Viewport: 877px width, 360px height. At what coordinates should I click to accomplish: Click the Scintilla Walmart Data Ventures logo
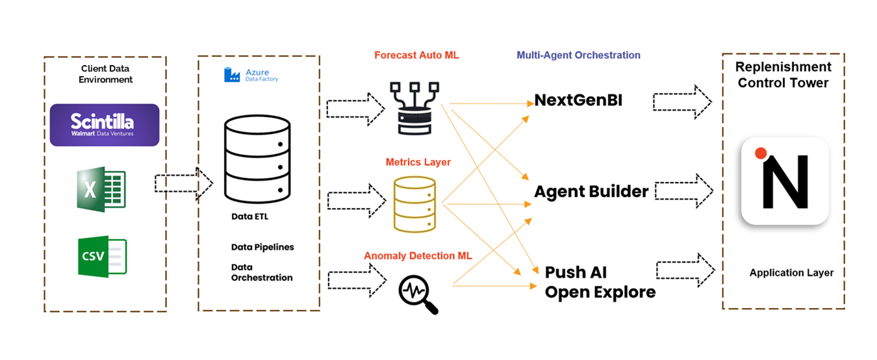coord(105,125)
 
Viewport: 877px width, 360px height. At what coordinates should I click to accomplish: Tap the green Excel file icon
coord(101,189)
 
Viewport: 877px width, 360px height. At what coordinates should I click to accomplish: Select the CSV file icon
coord(102,257)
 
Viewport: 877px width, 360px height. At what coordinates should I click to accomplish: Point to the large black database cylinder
coord(255,159)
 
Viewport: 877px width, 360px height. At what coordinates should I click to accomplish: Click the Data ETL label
coord(249,216)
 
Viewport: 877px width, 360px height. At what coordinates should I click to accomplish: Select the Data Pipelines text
coord(262,247)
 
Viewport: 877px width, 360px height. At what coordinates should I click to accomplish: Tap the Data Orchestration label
coord(262,272)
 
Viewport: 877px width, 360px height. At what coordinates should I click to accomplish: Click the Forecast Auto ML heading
coord(416,55)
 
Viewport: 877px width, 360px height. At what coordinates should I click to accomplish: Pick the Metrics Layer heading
coord(418,162)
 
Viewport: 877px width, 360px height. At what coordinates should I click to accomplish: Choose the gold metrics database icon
coord(414,203)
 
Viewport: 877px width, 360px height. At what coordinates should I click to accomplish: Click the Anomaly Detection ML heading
coord(418,256)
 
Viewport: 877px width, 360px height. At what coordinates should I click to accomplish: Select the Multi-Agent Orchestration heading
coord(578,55)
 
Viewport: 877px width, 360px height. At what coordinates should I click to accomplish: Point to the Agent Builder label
coord(591,192)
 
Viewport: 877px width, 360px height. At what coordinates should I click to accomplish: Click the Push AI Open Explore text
coord(600,282)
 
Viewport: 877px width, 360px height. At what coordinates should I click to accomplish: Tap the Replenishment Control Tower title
coord(783,75)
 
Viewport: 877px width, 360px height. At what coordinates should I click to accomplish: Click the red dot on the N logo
coord(761,153)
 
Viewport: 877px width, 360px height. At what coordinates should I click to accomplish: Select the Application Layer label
coord(791,273)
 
